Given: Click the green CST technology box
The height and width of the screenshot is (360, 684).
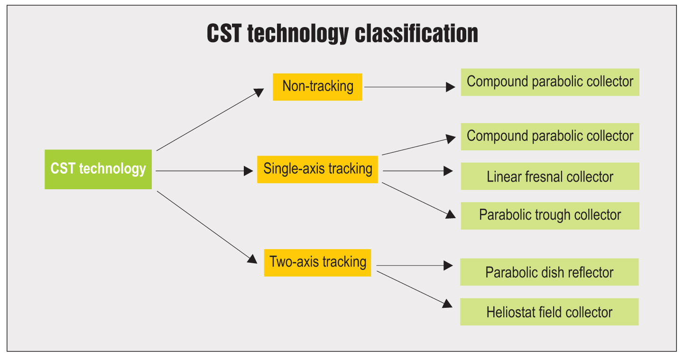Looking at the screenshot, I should point(98,169).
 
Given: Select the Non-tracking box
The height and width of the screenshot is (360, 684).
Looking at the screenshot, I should point(317,87).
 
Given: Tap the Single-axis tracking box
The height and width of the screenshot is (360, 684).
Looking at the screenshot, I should point(317,169).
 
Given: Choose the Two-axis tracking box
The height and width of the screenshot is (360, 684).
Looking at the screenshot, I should point(317,262).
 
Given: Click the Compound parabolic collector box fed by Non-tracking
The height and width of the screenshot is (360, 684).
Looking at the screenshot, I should point(550,82).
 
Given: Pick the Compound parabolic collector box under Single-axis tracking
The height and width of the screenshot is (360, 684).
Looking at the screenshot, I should point(550,137).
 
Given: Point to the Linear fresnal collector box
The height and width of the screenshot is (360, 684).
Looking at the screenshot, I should point(550,176).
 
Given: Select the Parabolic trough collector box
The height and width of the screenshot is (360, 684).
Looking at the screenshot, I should point(550,216).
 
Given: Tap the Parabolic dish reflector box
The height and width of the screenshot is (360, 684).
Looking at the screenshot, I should point(549,272).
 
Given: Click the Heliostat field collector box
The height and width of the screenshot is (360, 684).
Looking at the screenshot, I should point(549,312).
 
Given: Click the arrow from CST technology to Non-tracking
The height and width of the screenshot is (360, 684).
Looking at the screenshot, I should point(210,120).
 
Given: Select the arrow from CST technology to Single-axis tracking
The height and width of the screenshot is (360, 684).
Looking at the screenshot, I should point(204,171).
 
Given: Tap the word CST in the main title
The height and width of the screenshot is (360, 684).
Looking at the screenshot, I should point(224,34).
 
